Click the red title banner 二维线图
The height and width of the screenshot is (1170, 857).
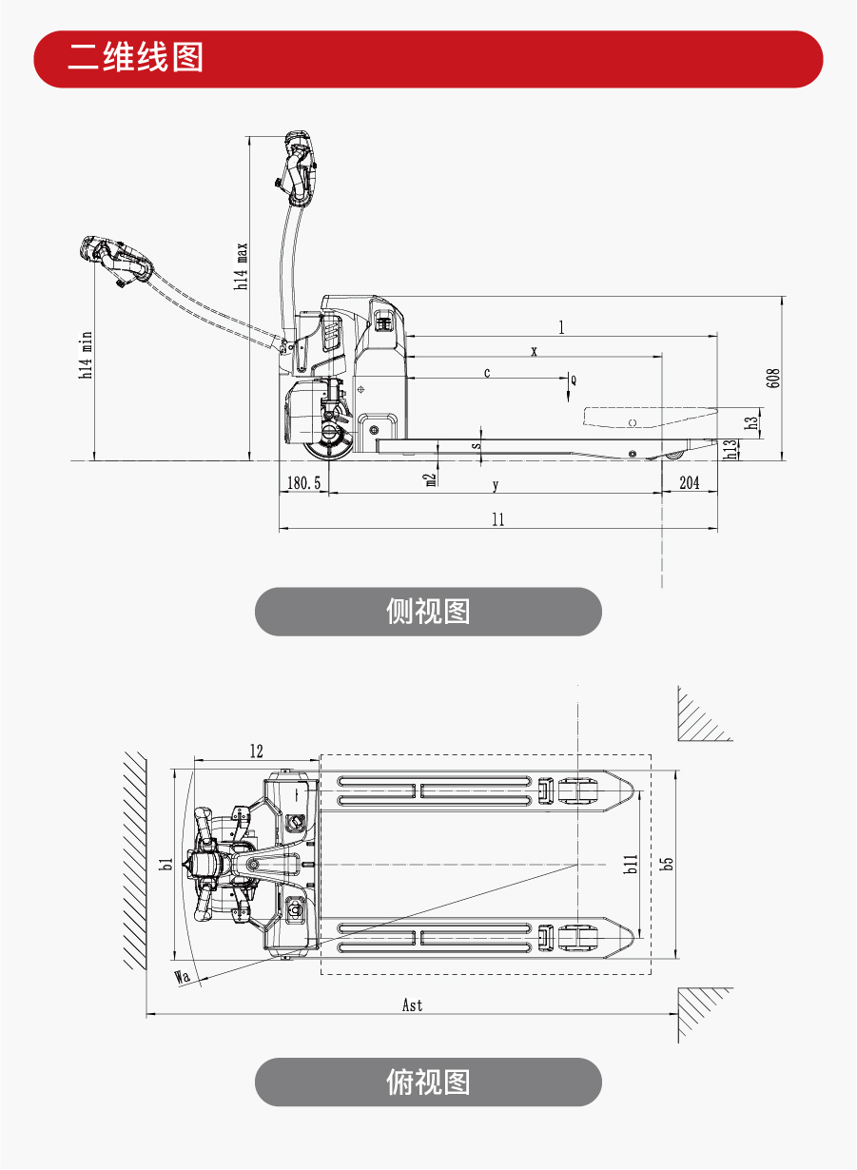pyautogui.click(x=428, y=59)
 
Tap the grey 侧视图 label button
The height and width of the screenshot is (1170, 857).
pyautogui.click(x=428, y=612)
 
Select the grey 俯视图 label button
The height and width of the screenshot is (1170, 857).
pyautogui.click(x=428, y=1082)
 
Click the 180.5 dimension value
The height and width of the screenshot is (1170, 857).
pyautogui.click(x=304, y=483)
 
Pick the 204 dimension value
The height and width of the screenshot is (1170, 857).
pyautogui.click(x=689, y=483)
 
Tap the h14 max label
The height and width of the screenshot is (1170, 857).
pyautogui.click(x=243, y=266)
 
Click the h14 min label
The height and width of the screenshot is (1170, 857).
pyautogui.click(x=86, y=356)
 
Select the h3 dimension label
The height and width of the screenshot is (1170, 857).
pyautogui.click(x=752, y=421)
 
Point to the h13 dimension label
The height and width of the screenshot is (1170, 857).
pyautogui.click(x=730, y=448)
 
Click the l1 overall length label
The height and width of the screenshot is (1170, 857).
pyautogui.click(x=497, y=519)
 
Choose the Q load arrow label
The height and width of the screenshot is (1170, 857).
pyautogui.click(x=573, y=379)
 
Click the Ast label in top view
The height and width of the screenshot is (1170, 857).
pyautogui.click(x=412, y=1005)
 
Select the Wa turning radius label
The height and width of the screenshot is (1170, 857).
pyautogui.click(x=184, y=976)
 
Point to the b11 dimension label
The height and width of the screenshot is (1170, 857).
pyautogui.click(x=630, y=864)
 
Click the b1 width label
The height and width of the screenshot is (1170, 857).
pyautogui.click(x=166, y=864)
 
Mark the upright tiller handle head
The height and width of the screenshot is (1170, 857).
pyautogui.click(x=299, y=169)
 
